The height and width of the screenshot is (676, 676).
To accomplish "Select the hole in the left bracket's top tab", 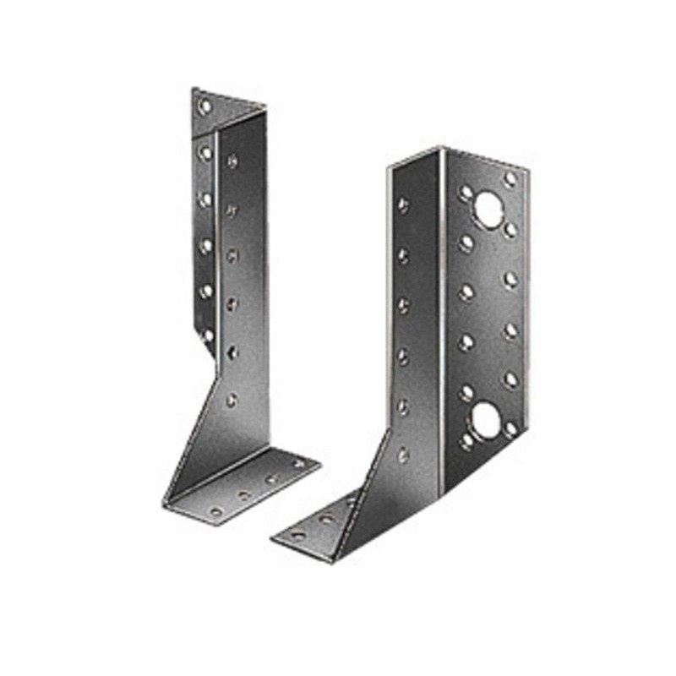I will [204, 107].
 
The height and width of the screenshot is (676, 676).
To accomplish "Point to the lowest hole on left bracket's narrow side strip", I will [207, 335].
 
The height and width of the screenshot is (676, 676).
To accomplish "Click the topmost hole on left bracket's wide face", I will [232, 161].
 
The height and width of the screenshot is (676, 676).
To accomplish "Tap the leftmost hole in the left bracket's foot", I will [215, 510].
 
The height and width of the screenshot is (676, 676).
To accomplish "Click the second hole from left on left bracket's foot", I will [245, 495].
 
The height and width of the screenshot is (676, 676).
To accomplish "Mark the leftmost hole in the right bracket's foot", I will [297, 535].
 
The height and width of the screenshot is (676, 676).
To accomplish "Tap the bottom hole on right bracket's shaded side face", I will [403, 454].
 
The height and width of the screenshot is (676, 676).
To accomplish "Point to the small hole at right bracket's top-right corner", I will [510, 178].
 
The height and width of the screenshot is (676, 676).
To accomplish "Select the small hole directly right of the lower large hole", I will [510, 428].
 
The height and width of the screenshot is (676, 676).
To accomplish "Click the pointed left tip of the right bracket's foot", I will [273, 538].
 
